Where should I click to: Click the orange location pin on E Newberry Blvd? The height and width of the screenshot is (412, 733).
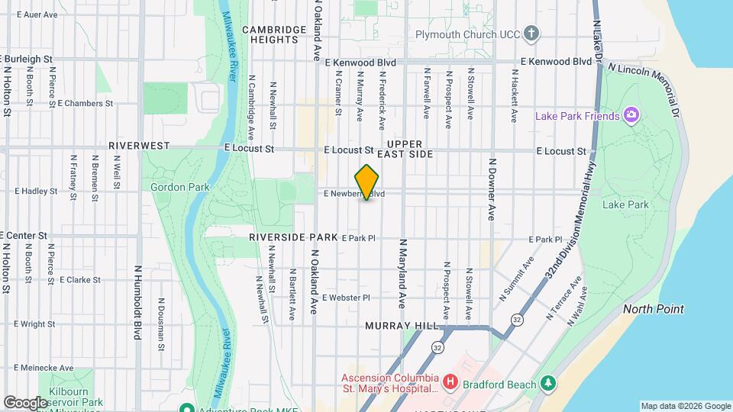367,182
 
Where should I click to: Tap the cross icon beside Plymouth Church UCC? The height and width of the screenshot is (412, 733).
531,34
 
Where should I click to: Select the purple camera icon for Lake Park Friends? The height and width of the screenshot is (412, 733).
631,115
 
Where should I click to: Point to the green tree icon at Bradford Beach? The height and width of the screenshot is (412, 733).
547,382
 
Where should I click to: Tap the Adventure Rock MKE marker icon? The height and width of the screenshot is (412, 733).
184,406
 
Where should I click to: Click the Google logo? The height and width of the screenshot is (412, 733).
25,402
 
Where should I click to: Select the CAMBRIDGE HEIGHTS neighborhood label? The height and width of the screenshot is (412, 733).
274,34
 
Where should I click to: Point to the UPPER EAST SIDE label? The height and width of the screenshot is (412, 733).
410,149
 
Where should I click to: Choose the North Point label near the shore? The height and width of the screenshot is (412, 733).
653,309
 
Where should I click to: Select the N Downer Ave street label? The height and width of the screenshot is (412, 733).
492,189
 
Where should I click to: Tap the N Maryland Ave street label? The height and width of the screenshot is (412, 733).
401,273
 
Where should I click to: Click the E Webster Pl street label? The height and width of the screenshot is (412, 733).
346,298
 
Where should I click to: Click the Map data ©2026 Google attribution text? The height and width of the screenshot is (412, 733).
685,406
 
